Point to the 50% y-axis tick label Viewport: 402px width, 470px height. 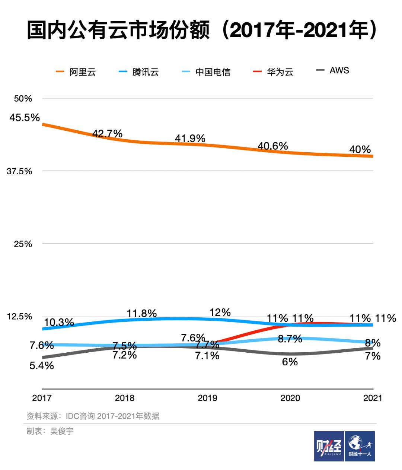(23, 99)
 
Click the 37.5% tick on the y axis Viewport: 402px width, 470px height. (19, 171)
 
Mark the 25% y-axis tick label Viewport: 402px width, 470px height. (23, 244)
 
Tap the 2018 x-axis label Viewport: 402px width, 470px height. (125, 398)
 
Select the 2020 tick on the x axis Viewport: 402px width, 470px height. (290, 398)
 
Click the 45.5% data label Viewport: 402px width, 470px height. (25, 118)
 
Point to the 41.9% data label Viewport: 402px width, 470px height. (190, 139)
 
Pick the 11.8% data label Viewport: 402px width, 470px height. (141, 313)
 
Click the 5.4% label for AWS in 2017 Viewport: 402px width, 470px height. (42, 366)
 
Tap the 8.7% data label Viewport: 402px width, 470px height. (290, 339)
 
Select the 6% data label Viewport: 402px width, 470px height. (290, 362)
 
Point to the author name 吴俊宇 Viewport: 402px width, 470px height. (62, 431)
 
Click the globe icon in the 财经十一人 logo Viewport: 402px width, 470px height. (355, 442)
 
